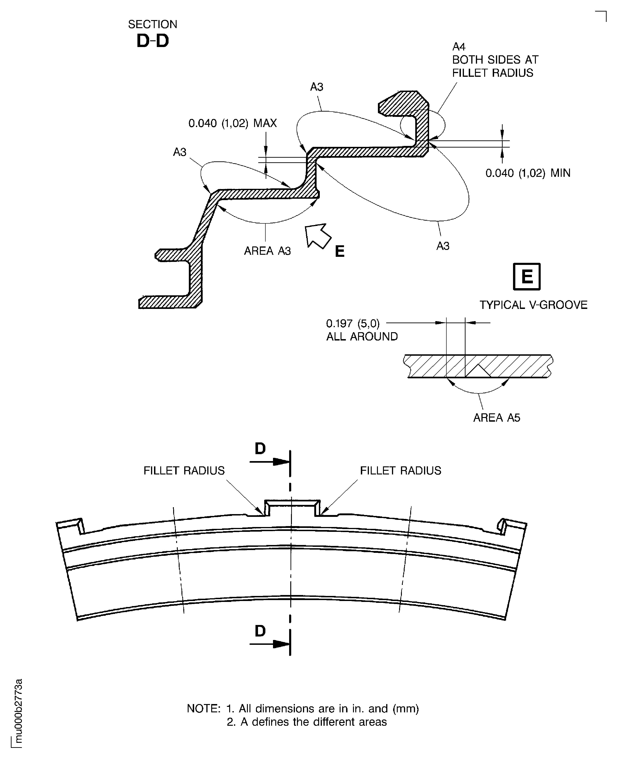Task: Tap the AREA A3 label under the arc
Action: [267, 251]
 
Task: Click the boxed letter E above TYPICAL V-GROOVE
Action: [526, 276]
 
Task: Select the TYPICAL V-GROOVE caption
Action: [533, 305]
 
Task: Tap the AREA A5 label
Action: [496, 417]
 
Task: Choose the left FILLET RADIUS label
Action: [184, 471]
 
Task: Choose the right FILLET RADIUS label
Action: [400, 471]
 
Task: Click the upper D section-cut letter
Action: [260, 449]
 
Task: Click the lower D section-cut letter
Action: [260, 631]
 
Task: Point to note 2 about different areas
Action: [306, 722]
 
